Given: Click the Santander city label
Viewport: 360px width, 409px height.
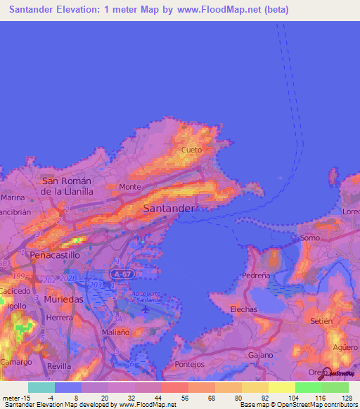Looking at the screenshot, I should click(x=169, y=209).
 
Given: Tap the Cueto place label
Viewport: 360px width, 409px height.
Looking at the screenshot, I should click(x=192, y=150).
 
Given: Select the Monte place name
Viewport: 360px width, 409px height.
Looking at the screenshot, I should click(x=130, y=187).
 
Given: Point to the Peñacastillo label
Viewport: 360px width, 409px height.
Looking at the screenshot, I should click(x=51, y=256).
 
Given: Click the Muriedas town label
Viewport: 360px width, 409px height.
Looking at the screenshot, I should click(x=63, y=299).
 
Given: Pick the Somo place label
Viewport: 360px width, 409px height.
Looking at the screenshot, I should click(x=310, y=238).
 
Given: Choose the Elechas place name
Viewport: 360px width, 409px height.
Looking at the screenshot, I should click(x=244, y=309).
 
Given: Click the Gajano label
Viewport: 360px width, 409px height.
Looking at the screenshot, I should click(x=260, y=355).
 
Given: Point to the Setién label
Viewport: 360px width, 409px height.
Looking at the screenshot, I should click(x=321, y=321).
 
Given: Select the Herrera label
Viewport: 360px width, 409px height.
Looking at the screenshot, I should click(x=60, y=318).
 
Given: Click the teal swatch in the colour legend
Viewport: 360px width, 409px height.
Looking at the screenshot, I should click(x=41, y=387).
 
